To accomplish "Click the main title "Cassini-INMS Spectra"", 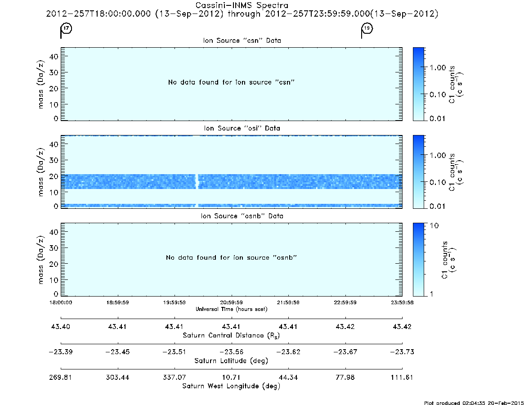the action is click(242, 5).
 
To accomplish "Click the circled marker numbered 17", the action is click(67, 28).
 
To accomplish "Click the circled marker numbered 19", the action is click(367, 28).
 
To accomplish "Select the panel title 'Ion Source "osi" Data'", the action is click(242, 128).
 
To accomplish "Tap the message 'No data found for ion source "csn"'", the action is click(231, 82).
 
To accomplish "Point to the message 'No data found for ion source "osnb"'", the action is click(231, 257).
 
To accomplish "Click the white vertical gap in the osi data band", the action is click(197, 181).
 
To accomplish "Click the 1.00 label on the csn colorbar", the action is click(438, 67).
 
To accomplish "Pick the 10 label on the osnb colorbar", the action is click(434, 225).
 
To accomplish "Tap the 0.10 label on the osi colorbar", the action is click(438, 182).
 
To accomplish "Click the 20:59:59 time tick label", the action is click(231, 302).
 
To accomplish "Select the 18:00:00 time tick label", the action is click(61, 302).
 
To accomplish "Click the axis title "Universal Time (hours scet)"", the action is click(231, 309).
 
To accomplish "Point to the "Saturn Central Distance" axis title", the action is click(231, 335).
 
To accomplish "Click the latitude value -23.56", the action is click(231, 352).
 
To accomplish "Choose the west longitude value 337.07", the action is click(175, 377).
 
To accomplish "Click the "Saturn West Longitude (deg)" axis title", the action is click(231, 386).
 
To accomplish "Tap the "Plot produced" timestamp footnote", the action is click(474, 403).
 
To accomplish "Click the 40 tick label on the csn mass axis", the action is click(54, 57).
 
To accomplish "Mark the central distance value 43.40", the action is click(61, 326).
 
